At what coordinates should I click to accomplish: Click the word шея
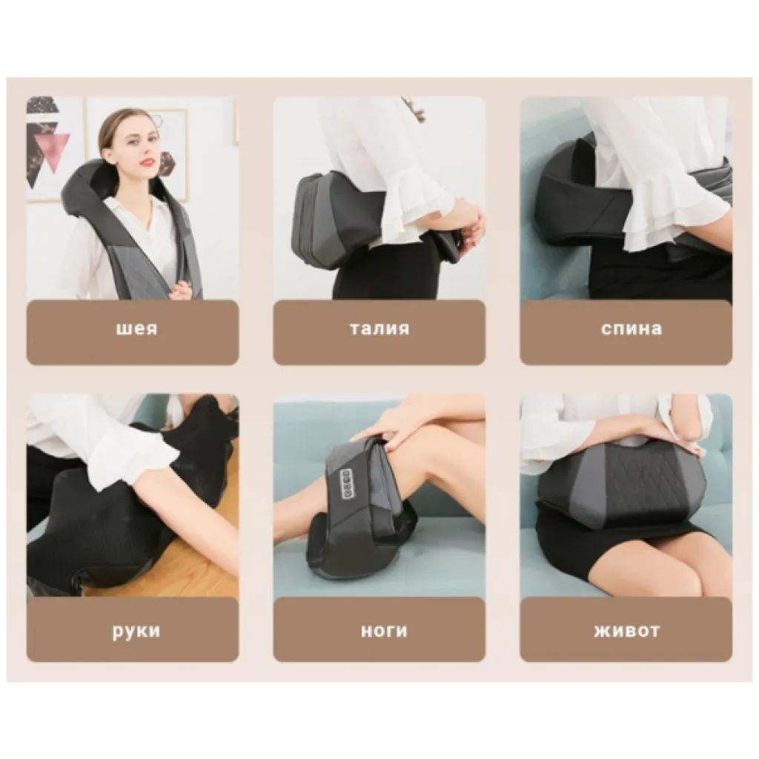[x=137, y=329]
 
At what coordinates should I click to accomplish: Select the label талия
[x=379, y=329]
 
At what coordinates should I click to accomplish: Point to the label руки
[x=136, y=632]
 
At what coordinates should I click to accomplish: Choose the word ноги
[x=384, y=632]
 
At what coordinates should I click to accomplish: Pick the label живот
[x=627, y=632]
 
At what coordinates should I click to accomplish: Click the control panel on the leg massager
[x=348, y=483]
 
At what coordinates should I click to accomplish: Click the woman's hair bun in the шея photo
[x=103, y=136]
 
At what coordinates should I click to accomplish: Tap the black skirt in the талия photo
[x=382, y=271]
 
